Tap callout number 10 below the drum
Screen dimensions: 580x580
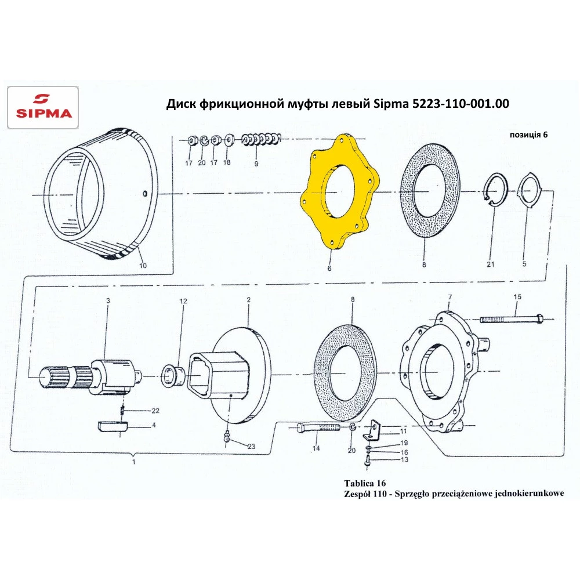(x=143, y=266)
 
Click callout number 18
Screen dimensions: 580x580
(x=227, y=163)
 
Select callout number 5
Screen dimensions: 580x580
(x=524, y=264)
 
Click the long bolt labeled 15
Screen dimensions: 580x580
(x=510, y=318)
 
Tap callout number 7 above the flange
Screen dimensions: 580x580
(x=449, y=298)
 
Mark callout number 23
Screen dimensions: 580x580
(x=251, y=447)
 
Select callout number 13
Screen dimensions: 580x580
(x=404, y=459)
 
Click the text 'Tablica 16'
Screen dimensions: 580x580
(x=365, y=483)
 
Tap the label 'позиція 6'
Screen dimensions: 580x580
(x=528, y=134)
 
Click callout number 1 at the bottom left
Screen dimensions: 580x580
(x=134, y=462)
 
